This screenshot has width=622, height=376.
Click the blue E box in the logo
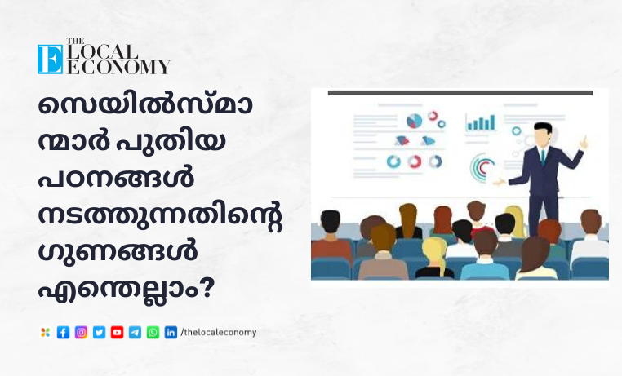pyautogui.click(x=50, y=60)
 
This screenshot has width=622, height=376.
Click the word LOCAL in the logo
pyautogui.click(x=102, y=51)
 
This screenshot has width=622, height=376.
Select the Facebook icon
pyautogui.click(x=63, y=333)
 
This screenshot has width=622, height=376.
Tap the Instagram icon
pyautogui.click(x=81, y=333)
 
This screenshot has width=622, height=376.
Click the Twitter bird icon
pyautogui.click(x=99, y=333)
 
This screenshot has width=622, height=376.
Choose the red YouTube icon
pyautogui.click(x=117, y=333)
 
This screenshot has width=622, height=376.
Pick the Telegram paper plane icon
pyautogui.click(x=135, y=333)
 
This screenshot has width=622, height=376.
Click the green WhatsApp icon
pyautogui.click(x=153, y=333)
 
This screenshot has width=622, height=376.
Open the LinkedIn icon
pyautogui.click(x=171, y=333)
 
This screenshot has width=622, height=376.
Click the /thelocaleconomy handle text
pyautogui.click(x=219, y=332)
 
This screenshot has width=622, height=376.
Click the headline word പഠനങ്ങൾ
pyautogui.click(x=116, y=178)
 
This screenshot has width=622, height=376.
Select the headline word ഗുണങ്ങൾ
pyautogui.click(x=118, y=252)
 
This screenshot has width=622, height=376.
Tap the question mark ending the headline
pyautogui.click(x=205, y=289)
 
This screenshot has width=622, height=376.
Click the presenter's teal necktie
pyautogui.click(x=543, y=157)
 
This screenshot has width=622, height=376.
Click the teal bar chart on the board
pyautogui.click(x=481, y=123)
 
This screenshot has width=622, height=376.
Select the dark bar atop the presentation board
pyautogui.click(x=460, y=93)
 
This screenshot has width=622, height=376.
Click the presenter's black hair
pyautogui.click(x=543, y=126)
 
